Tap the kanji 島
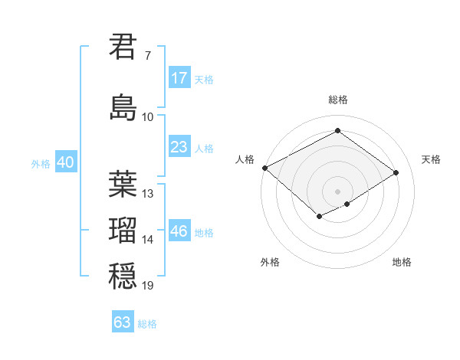(x=123, y=107)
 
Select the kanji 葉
(x=123, y=184)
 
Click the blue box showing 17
(x=179, y=78)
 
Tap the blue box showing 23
(x=179, y=148)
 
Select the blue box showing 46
(x=179, y=232)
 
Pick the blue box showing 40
(x=65, y=162)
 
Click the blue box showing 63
(x=123, y=322)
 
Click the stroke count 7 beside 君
(x=147, y=56)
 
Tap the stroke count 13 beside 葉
(x=148, y=194)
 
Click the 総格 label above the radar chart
(x=337, y=100)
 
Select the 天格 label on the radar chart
(x=431, y=159)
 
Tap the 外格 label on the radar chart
(x=270, y=262)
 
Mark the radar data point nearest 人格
(x=264, y=168)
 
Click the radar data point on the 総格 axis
(x=337, y=131)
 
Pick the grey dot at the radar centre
(x=337, y=191)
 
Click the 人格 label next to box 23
(x=204, y=149)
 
